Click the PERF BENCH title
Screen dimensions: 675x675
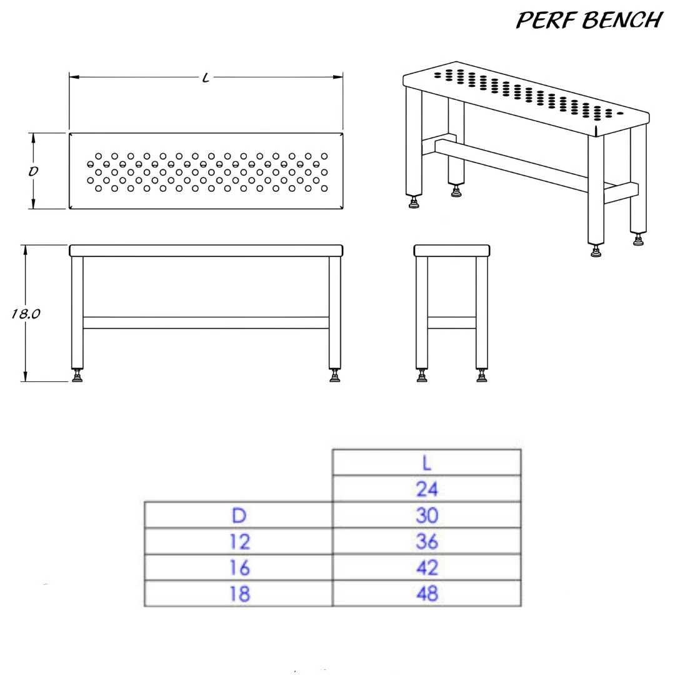[589, 20]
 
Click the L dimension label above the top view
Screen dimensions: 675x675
[206, 78]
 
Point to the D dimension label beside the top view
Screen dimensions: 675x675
[33, 171]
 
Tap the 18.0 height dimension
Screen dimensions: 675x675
[26, 314]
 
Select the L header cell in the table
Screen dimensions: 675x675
[427, 462]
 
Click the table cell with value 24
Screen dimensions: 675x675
[427, 489]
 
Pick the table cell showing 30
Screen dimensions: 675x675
[427, 515]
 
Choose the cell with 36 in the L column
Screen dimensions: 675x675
[427, 541]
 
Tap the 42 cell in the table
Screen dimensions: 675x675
[427, 567]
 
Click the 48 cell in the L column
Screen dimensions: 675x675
[427, 594]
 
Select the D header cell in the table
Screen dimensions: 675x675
[239, 515]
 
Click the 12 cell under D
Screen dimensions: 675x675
[239, 541]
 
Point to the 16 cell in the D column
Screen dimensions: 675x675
[239, 567]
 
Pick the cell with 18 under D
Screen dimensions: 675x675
[239, 594]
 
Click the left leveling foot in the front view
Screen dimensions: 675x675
[77, 375]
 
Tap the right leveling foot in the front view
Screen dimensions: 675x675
[334, 375]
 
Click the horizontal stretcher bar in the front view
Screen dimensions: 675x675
[206, 322]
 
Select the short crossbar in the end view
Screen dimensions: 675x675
[452, 322]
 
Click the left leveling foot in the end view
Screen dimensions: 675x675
[422, 375]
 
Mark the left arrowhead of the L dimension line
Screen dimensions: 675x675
[74, 77]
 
